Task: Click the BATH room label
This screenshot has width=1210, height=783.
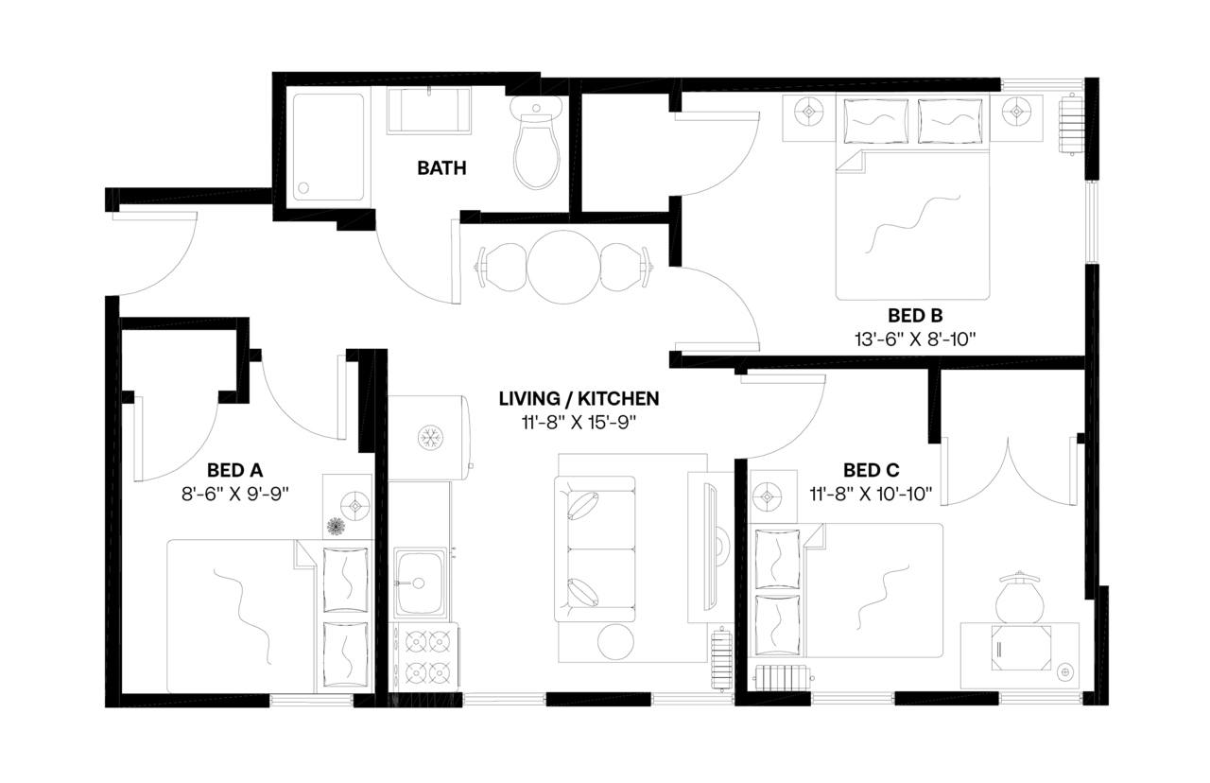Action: pos(441,168)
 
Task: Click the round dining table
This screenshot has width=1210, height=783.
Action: pos(564,267)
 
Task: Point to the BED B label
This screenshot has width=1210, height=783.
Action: pos(915,315)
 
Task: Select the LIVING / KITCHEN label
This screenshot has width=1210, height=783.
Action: pos(579,398)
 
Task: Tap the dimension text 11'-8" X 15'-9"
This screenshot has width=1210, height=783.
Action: pos(579,421)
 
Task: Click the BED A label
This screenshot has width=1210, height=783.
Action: pos(234,469)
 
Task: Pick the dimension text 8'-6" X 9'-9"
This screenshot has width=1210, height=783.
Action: pos(234,492)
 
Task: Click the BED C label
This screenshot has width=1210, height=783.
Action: pos(871,469)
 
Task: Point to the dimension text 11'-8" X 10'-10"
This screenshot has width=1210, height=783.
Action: pos(871,492)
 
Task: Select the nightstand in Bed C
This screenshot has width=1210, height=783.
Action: pos(768,496)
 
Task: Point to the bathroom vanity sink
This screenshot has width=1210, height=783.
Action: pos(430,112)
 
